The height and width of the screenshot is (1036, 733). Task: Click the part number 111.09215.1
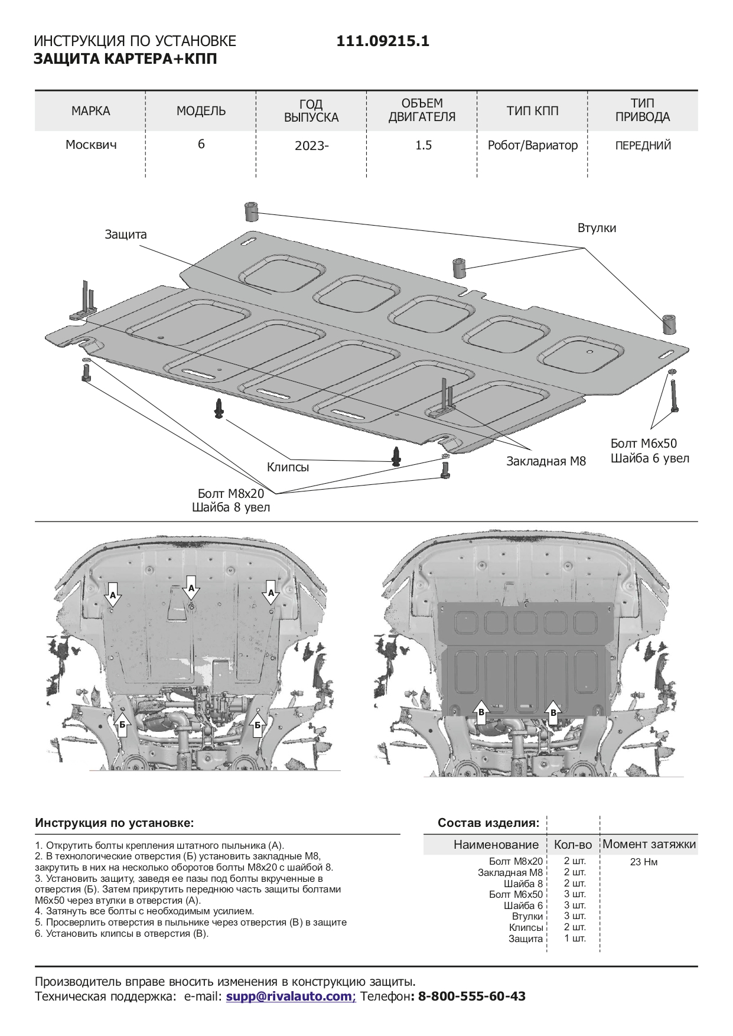pyautogui.click(x=383, y=41)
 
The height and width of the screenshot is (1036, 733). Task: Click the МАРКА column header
pyautogui.click(x=90, y=111)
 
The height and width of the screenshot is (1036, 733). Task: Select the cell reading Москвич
pyautogui.click(x=90, y=145)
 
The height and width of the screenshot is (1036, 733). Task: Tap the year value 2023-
pyautogui.click(x=311, y=145)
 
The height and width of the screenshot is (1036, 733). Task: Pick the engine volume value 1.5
pyautogui.click(x=423, y=145)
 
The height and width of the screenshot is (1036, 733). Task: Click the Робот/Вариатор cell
pyautogui.click(x=532, y=145)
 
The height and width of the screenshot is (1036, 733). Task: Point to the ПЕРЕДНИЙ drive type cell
pyautogui.click(x=643, y=145)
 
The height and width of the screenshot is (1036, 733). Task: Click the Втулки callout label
pyautogui.click(x=597, y=228)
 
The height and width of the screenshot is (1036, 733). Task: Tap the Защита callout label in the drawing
pyautogui.click(x=126, y=234)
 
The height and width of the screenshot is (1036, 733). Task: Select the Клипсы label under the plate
pyautogui.click(x=288, y=467)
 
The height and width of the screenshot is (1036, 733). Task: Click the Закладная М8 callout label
pyautogui.click(x=546, y=461)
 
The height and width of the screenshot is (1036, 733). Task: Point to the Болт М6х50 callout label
pyautogui.click(x=643, y=444)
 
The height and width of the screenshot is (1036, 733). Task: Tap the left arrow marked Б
pyautogui.click(x=122, y=724)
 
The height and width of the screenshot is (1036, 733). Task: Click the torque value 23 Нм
pyautogui.click(x=643, y=862)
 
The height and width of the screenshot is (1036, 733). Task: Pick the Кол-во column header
pyautogui.click(x=572, y=845)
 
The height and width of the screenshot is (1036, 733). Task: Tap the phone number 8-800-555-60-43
pyautogui.click(x=471, y=996)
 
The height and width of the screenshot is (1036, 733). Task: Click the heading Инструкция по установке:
pyautogui.click(x=114, y=823)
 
